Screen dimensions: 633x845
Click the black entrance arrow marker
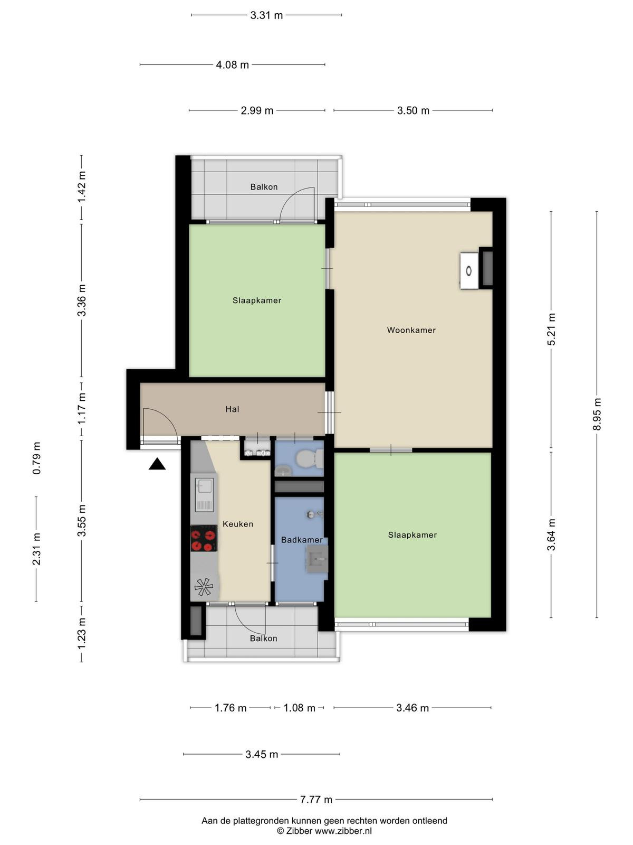point(157,465)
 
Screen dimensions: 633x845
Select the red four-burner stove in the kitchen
point(204,538)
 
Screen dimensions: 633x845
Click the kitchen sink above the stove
point(204,495)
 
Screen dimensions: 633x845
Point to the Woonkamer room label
point(411,330)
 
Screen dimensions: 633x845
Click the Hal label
point(232,409)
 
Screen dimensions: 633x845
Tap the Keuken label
point(238,524)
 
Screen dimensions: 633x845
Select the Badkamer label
point(302,540)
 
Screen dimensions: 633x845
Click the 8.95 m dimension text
point(597,414)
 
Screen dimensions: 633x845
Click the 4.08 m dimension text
point(232,64)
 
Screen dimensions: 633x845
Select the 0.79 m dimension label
point(36,458)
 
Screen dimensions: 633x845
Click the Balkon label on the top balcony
point(264,187)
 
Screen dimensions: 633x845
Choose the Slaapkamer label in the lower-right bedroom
point(413,534)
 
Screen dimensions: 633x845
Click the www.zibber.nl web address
point(343,830)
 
